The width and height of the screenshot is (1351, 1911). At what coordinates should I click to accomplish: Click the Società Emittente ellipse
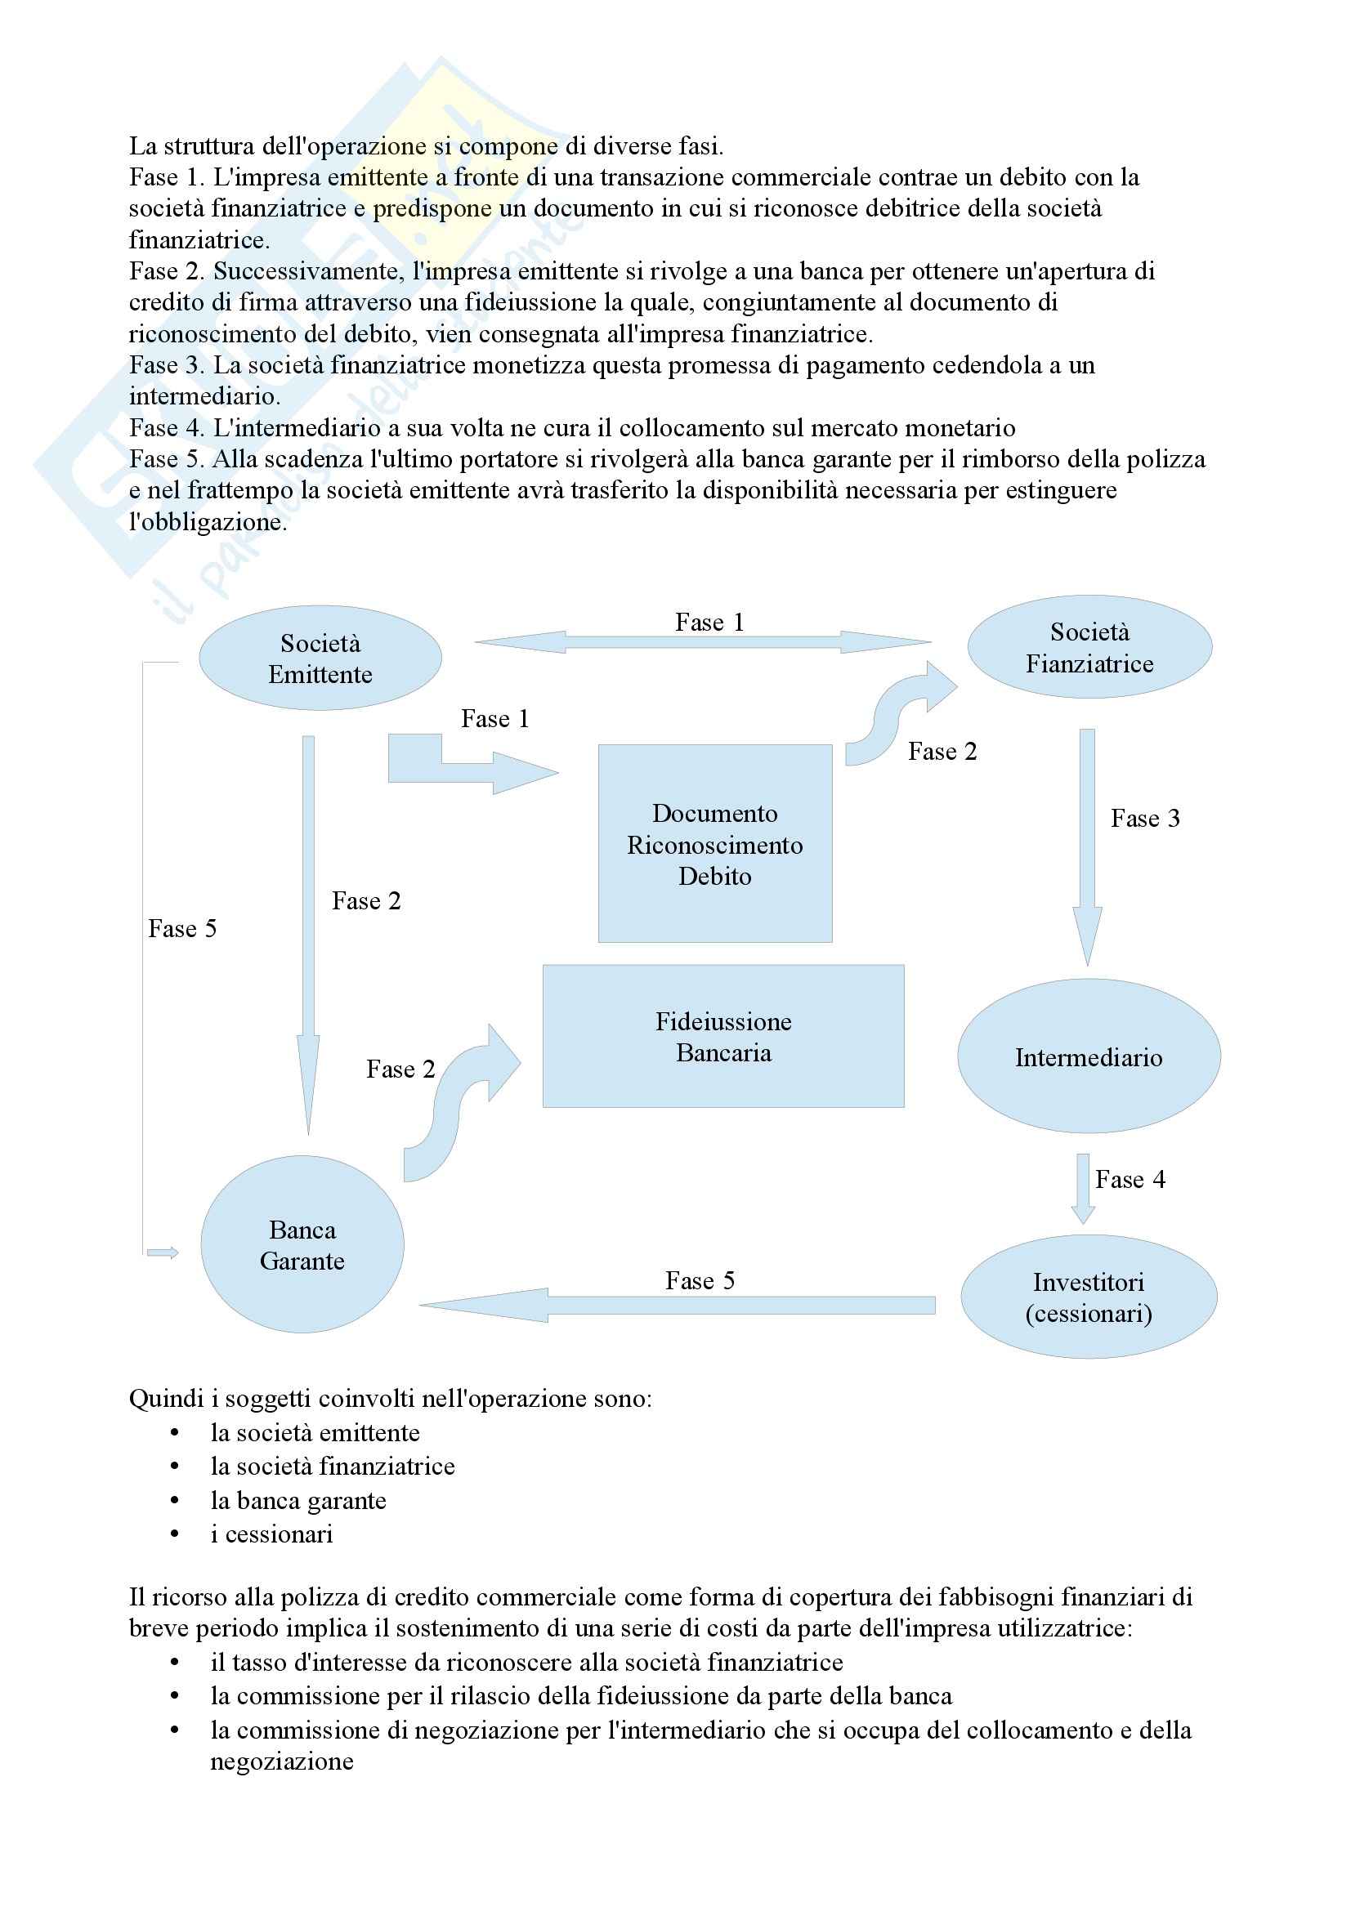pos(320,658)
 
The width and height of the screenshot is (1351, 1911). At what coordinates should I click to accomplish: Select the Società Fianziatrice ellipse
pos(1089,647)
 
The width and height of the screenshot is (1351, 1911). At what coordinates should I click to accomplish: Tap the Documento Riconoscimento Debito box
pos(715,843)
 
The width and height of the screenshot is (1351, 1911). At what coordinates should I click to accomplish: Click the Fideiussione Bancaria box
pos(723,1035)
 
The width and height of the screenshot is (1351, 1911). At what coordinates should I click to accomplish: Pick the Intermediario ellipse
pos(1089,1056)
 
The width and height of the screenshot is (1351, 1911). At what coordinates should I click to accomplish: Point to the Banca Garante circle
pos(302,1244)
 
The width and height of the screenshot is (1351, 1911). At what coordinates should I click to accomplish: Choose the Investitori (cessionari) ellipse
pos(1089,1297)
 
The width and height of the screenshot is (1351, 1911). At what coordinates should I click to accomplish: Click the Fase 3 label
pos(1145,818)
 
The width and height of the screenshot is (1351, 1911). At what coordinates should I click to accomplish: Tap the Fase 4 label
pos(1130,1180)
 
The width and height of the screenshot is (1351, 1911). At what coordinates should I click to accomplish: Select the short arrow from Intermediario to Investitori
pos(1082,1189)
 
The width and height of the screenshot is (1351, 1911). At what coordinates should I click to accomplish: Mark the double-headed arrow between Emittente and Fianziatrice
pos(704,641)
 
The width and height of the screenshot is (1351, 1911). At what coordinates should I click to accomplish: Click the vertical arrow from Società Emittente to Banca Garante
pos(308,932)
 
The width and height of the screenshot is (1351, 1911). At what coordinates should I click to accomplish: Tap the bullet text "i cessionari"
pos(271,1534)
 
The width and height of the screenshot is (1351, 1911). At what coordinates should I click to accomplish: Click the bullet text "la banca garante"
pos(298,1500)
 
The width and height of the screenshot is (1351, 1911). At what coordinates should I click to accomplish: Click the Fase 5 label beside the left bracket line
pos(182,928)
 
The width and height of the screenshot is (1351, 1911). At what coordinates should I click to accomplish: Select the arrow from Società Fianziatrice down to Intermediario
pos(1087,845)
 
